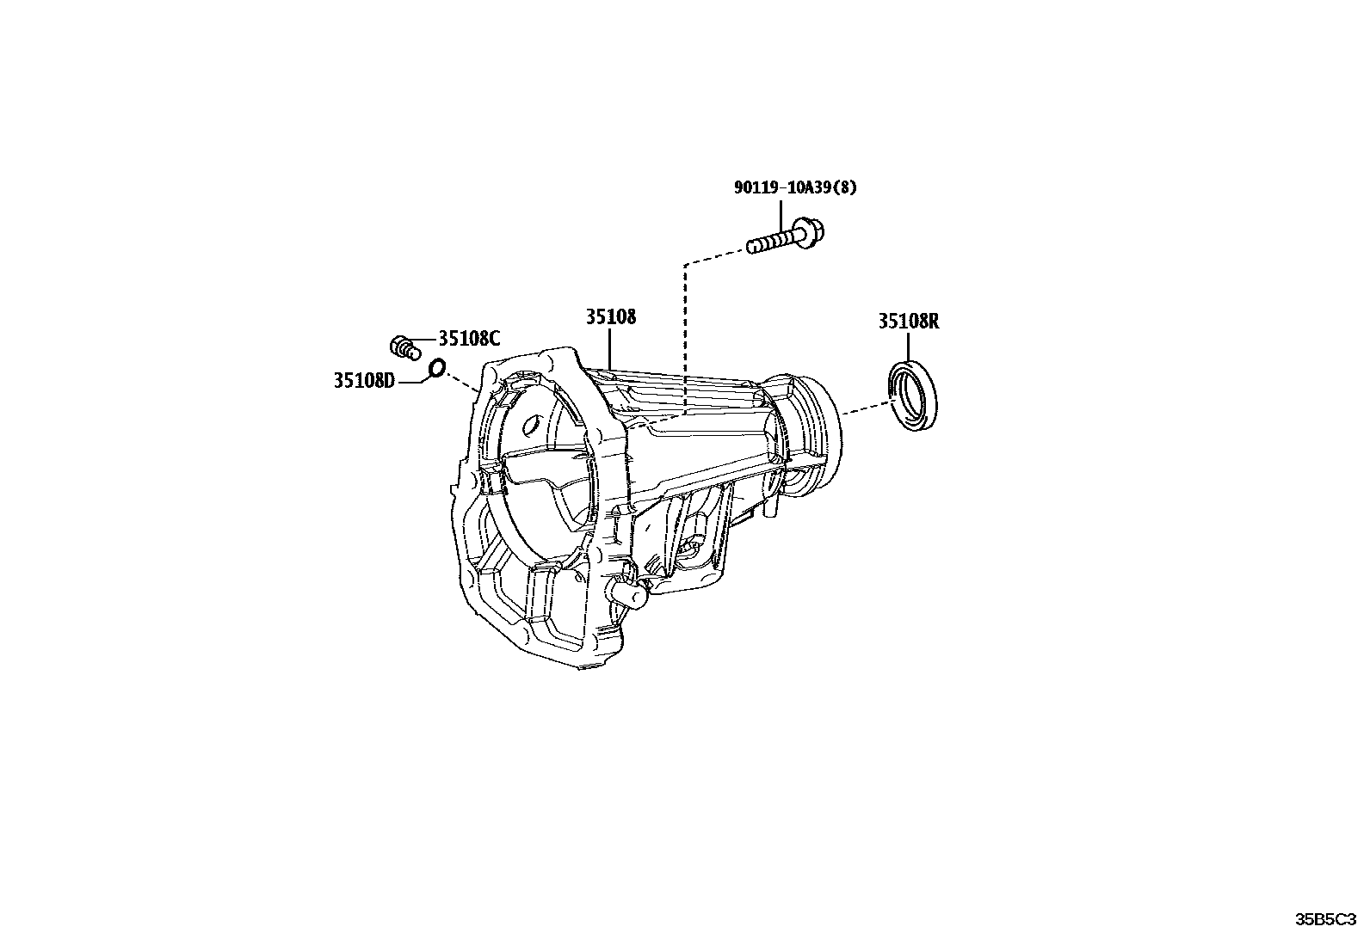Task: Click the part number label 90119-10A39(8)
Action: coord(795,187)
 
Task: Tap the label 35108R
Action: coord(909,322)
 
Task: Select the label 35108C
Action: coord(469,338)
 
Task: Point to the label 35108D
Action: coord(365,381)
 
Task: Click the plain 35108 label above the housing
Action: coord(611,316)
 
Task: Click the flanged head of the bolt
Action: coord(809,233)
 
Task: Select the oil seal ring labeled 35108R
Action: coord(912,395)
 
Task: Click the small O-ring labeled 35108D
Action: coord(438,368)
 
